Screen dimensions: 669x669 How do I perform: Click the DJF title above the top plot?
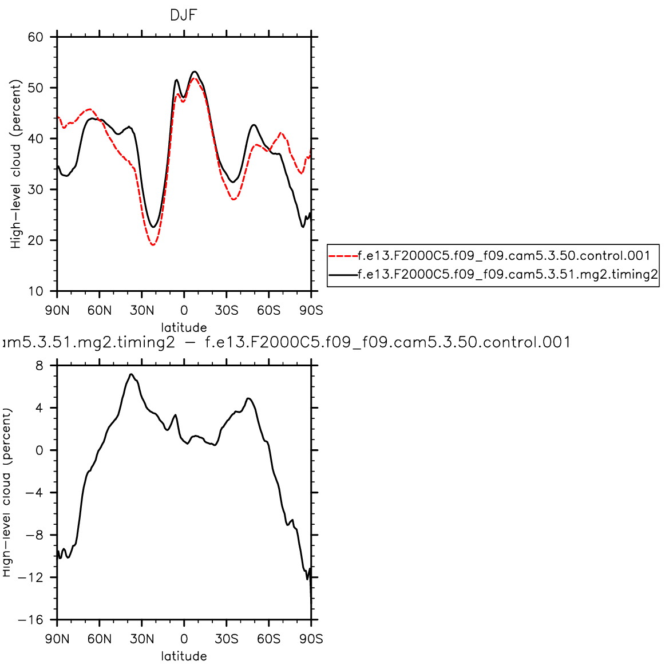(x=183, y=15)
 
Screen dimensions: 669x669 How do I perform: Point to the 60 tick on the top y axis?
(x=35, y=37)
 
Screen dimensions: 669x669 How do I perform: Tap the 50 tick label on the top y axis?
(x=35, y=88)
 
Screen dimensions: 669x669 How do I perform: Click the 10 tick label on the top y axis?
(x=35, y=291)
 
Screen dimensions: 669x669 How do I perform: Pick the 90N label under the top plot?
(x=57, y=311)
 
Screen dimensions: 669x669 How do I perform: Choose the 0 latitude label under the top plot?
(x=184, y=311)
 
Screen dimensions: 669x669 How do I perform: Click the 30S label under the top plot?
(x=226, y=311)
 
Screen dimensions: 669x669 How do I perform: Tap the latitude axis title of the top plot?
(x=184, y=328)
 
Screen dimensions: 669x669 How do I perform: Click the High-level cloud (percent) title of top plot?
(x=16, y=164)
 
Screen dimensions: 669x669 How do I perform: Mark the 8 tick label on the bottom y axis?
(x=39, y=366)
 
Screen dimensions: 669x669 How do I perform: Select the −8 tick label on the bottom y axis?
(x=34, y=535)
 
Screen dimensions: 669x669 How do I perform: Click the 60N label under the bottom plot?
(x=100, y=639)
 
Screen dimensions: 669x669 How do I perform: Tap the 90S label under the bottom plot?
(x=311, y=639)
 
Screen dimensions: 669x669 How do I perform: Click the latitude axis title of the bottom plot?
(x=184, y=656)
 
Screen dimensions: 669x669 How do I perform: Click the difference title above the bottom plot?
(x=286, y=342)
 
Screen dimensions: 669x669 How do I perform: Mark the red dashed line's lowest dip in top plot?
(x=153, y=245)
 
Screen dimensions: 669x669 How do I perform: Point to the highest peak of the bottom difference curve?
(x=131, y=374)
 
